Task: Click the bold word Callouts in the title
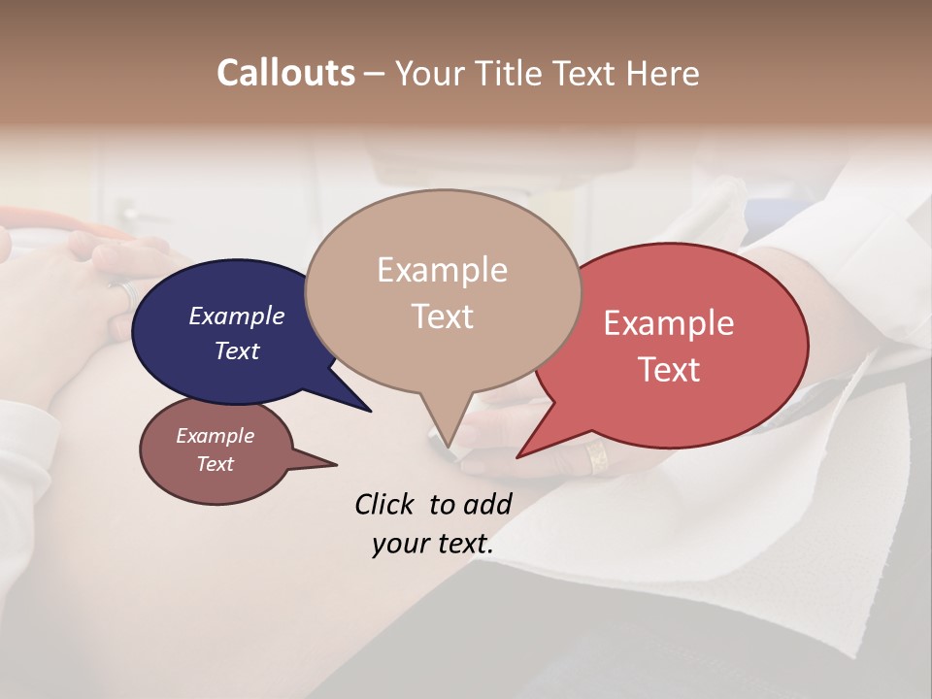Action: [x=285, y=73]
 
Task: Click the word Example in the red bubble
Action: [x=668, y=323]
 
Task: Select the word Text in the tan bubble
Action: [x=443, y=316]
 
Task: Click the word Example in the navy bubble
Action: [x=236, y=316]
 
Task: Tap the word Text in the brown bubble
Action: [x=215, y=464]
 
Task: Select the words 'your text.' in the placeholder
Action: [x=433, y=544]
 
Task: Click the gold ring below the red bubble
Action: [x=597, y=456]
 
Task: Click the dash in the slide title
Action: [x=375, y=74]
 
